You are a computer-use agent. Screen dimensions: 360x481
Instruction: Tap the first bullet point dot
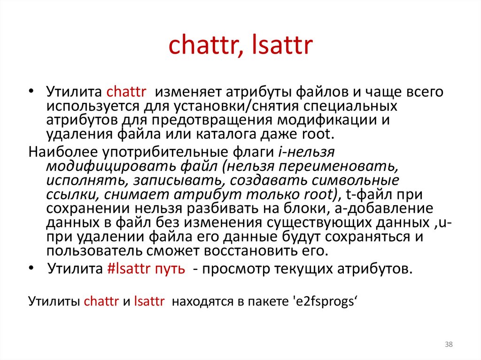point(31,91)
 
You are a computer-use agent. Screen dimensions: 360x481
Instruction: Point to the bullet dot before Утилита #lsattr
point(31,269)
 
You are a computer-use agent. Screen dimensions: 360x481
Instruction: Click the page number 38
point(449,345)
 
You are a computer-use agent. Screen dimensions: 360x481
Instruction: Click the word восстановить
point(261,250)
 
